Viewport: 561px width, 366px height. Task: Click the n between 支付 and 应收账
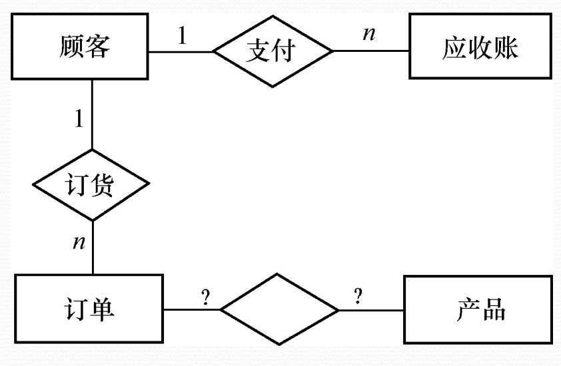click(368, 33)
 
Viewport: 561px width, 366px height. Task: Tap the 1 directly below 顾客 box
click(79, 120)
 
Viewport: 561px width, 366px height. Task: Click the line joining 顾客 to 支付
click(180, 51)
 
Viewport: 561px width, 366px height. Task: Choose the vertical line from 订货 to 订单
click(92, 246)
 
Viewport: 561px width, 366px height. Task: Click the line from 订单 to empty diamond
click(193, 309)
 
